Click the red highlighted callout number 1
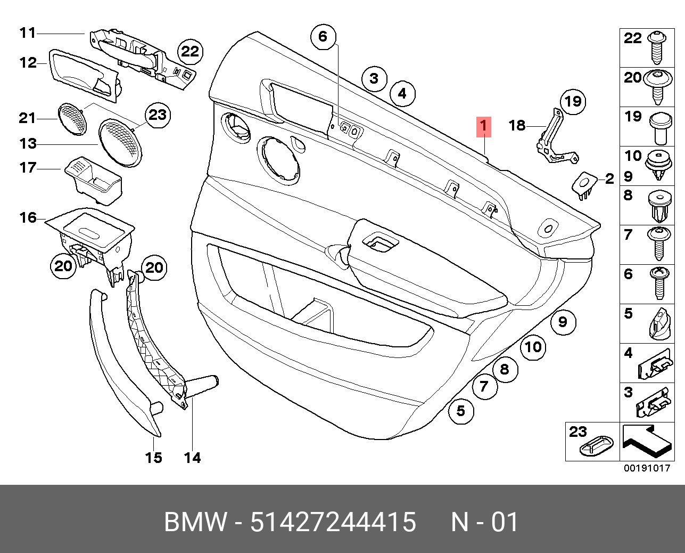tap(483, 126)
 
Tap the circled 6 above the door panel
tap(323, 37)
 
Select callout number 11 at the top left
tap(27, 33)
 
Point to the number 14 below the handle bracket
tap(192, 457)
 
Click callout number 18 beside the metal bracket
tap(517, 125)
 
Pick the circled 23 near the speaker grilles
tap(158, 115)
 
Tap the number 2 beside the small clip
tap(609, 179)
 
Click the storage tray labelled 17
tap(95, 178)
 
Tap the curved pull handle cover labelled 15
tap(122, 362)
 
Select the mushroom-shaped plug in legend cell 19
tap(659, 128)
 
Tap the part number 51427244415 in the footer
tap(333, 522)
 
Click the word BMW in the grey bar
tap(195, 522)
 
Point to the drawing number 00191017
tap(647, 468)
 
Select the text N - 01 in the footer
tap(484, 522)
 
